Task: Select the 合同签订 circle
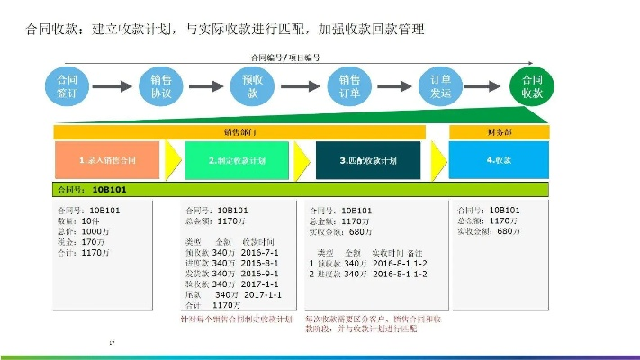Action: [68, 86]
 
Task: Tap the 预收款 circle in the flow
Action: [252, 86]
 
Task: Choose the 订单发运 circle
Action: [435, 86]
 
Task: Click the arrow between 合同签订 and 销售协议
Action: [114, 87]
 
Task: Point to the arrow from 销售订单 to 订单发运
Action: [389, 87]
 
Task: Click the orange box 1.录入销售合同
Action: [107, 159]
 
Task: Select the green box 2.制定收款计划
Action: [237, 159]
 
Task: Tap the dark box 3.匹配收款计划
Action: [368, 159]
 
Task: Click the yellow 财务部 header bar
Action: [499, 132]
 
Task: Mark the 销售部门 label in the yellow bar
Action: [239, 132]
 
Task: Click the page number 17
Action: [112, 343]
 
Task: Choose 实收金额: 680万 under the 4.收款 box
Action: [490, 230]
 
